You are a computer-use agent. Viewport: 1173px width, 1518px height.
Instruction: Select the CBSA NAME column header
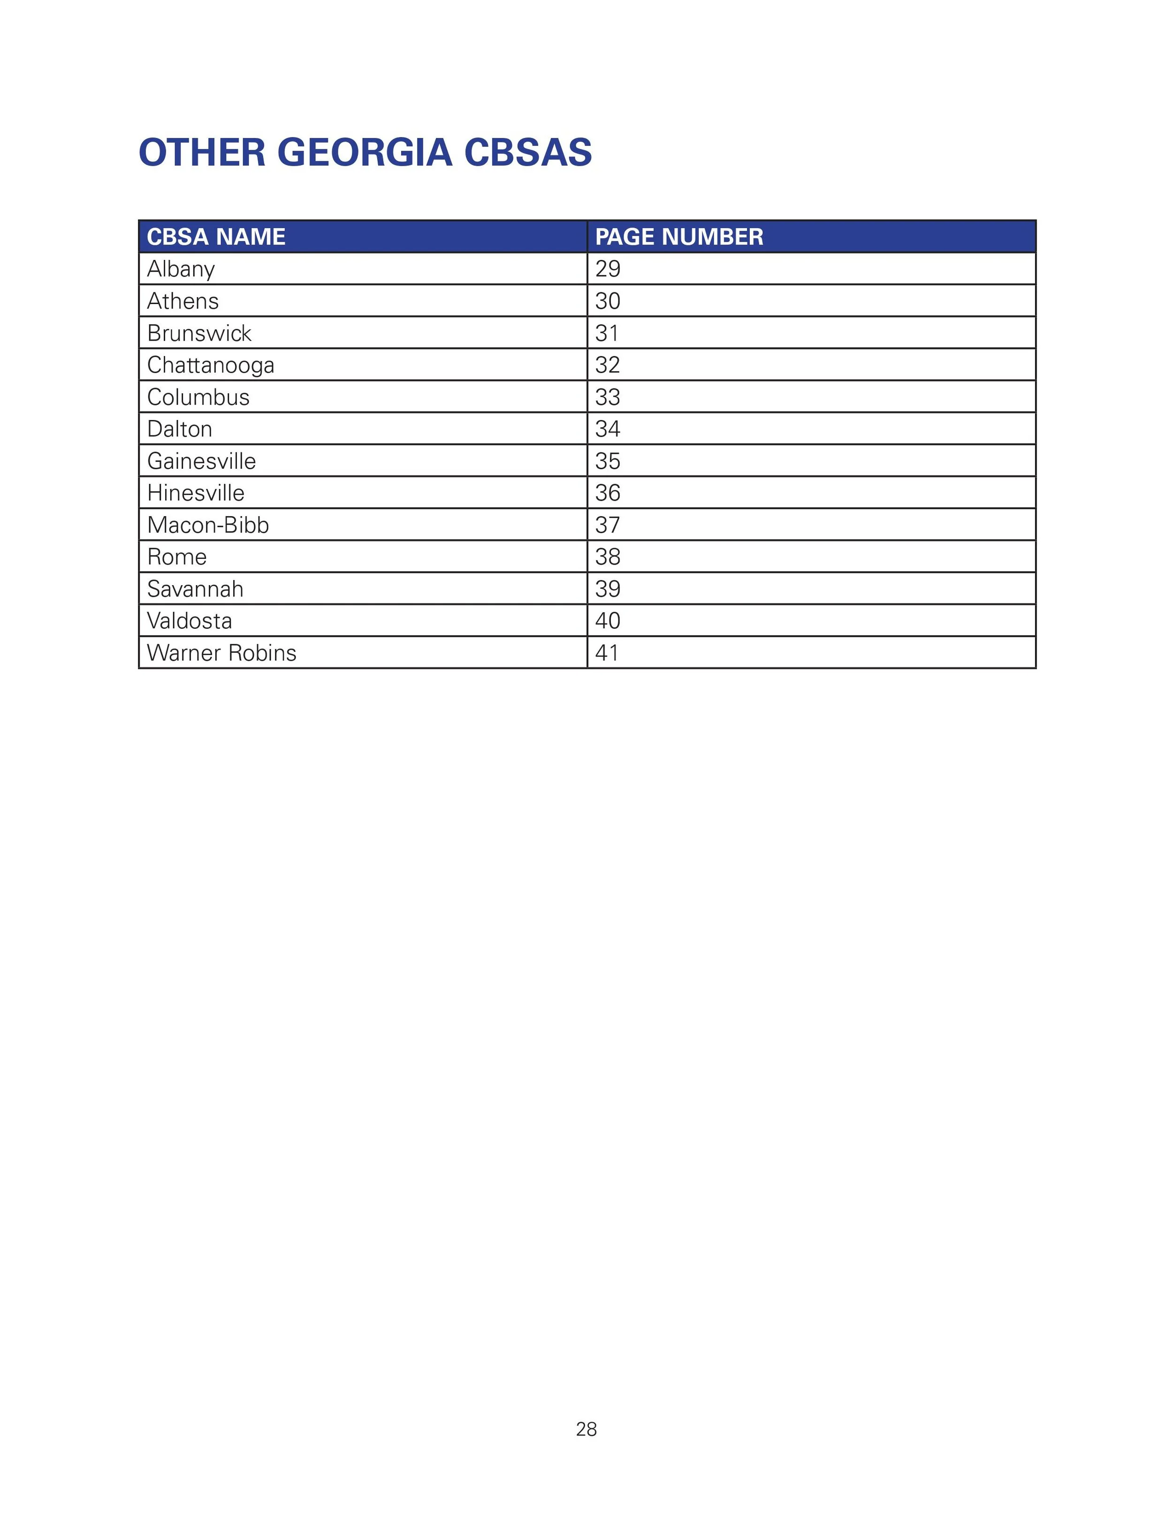[x=216, y=237]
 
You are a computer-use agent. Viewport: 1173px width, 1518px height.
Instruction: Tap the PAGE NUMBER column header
[x=679, y=237]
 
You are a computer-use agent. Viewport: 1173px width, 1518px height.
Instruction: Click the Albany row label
[x=181, y=269]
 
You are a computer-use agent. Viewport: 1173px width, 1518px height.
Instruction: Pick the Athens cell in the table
[x=183, y=301]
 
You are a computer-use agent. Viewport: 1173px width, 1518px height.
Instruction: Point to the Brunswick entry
[x=199, y=333]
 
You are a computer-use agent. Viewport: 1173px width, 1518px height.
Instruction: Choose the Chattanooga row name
[x=211, y=365]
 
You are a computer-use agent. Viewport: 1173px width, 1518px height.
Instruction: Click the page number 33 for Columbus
[x=607, y=397]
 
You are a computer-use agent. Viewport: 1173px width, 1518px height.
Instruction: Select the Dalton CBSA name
[x=179, y=429]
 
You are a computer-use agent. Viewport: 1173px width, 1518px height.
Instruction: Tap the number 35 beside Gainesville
[x=607, y=461]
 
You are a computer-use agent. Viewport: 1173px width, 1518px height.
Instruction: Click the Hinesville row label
[x=195, y=493]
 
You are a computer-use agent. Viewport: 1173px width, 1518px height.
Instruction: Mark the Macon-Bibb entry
[x=208, y=525]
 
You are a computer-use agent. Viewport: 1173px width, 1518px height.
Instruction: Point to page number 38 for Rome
[x=607, y=557]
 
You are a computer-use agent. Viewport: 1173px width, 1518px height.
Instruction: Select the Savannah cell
[x=195, y=589]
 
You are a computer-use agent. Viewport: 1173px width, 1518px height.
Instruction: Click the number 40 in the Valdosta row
[x=607, y=621]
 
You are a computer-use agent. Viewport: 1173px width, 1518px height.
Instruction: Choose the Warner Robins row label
[x=221, y=653]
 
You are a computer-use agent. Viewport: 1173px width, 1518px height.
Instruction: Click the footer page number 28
[x=586, y=1429]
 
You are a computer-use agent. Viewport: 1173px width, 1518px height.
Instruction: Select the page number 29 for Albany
[x=607, y=269]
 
